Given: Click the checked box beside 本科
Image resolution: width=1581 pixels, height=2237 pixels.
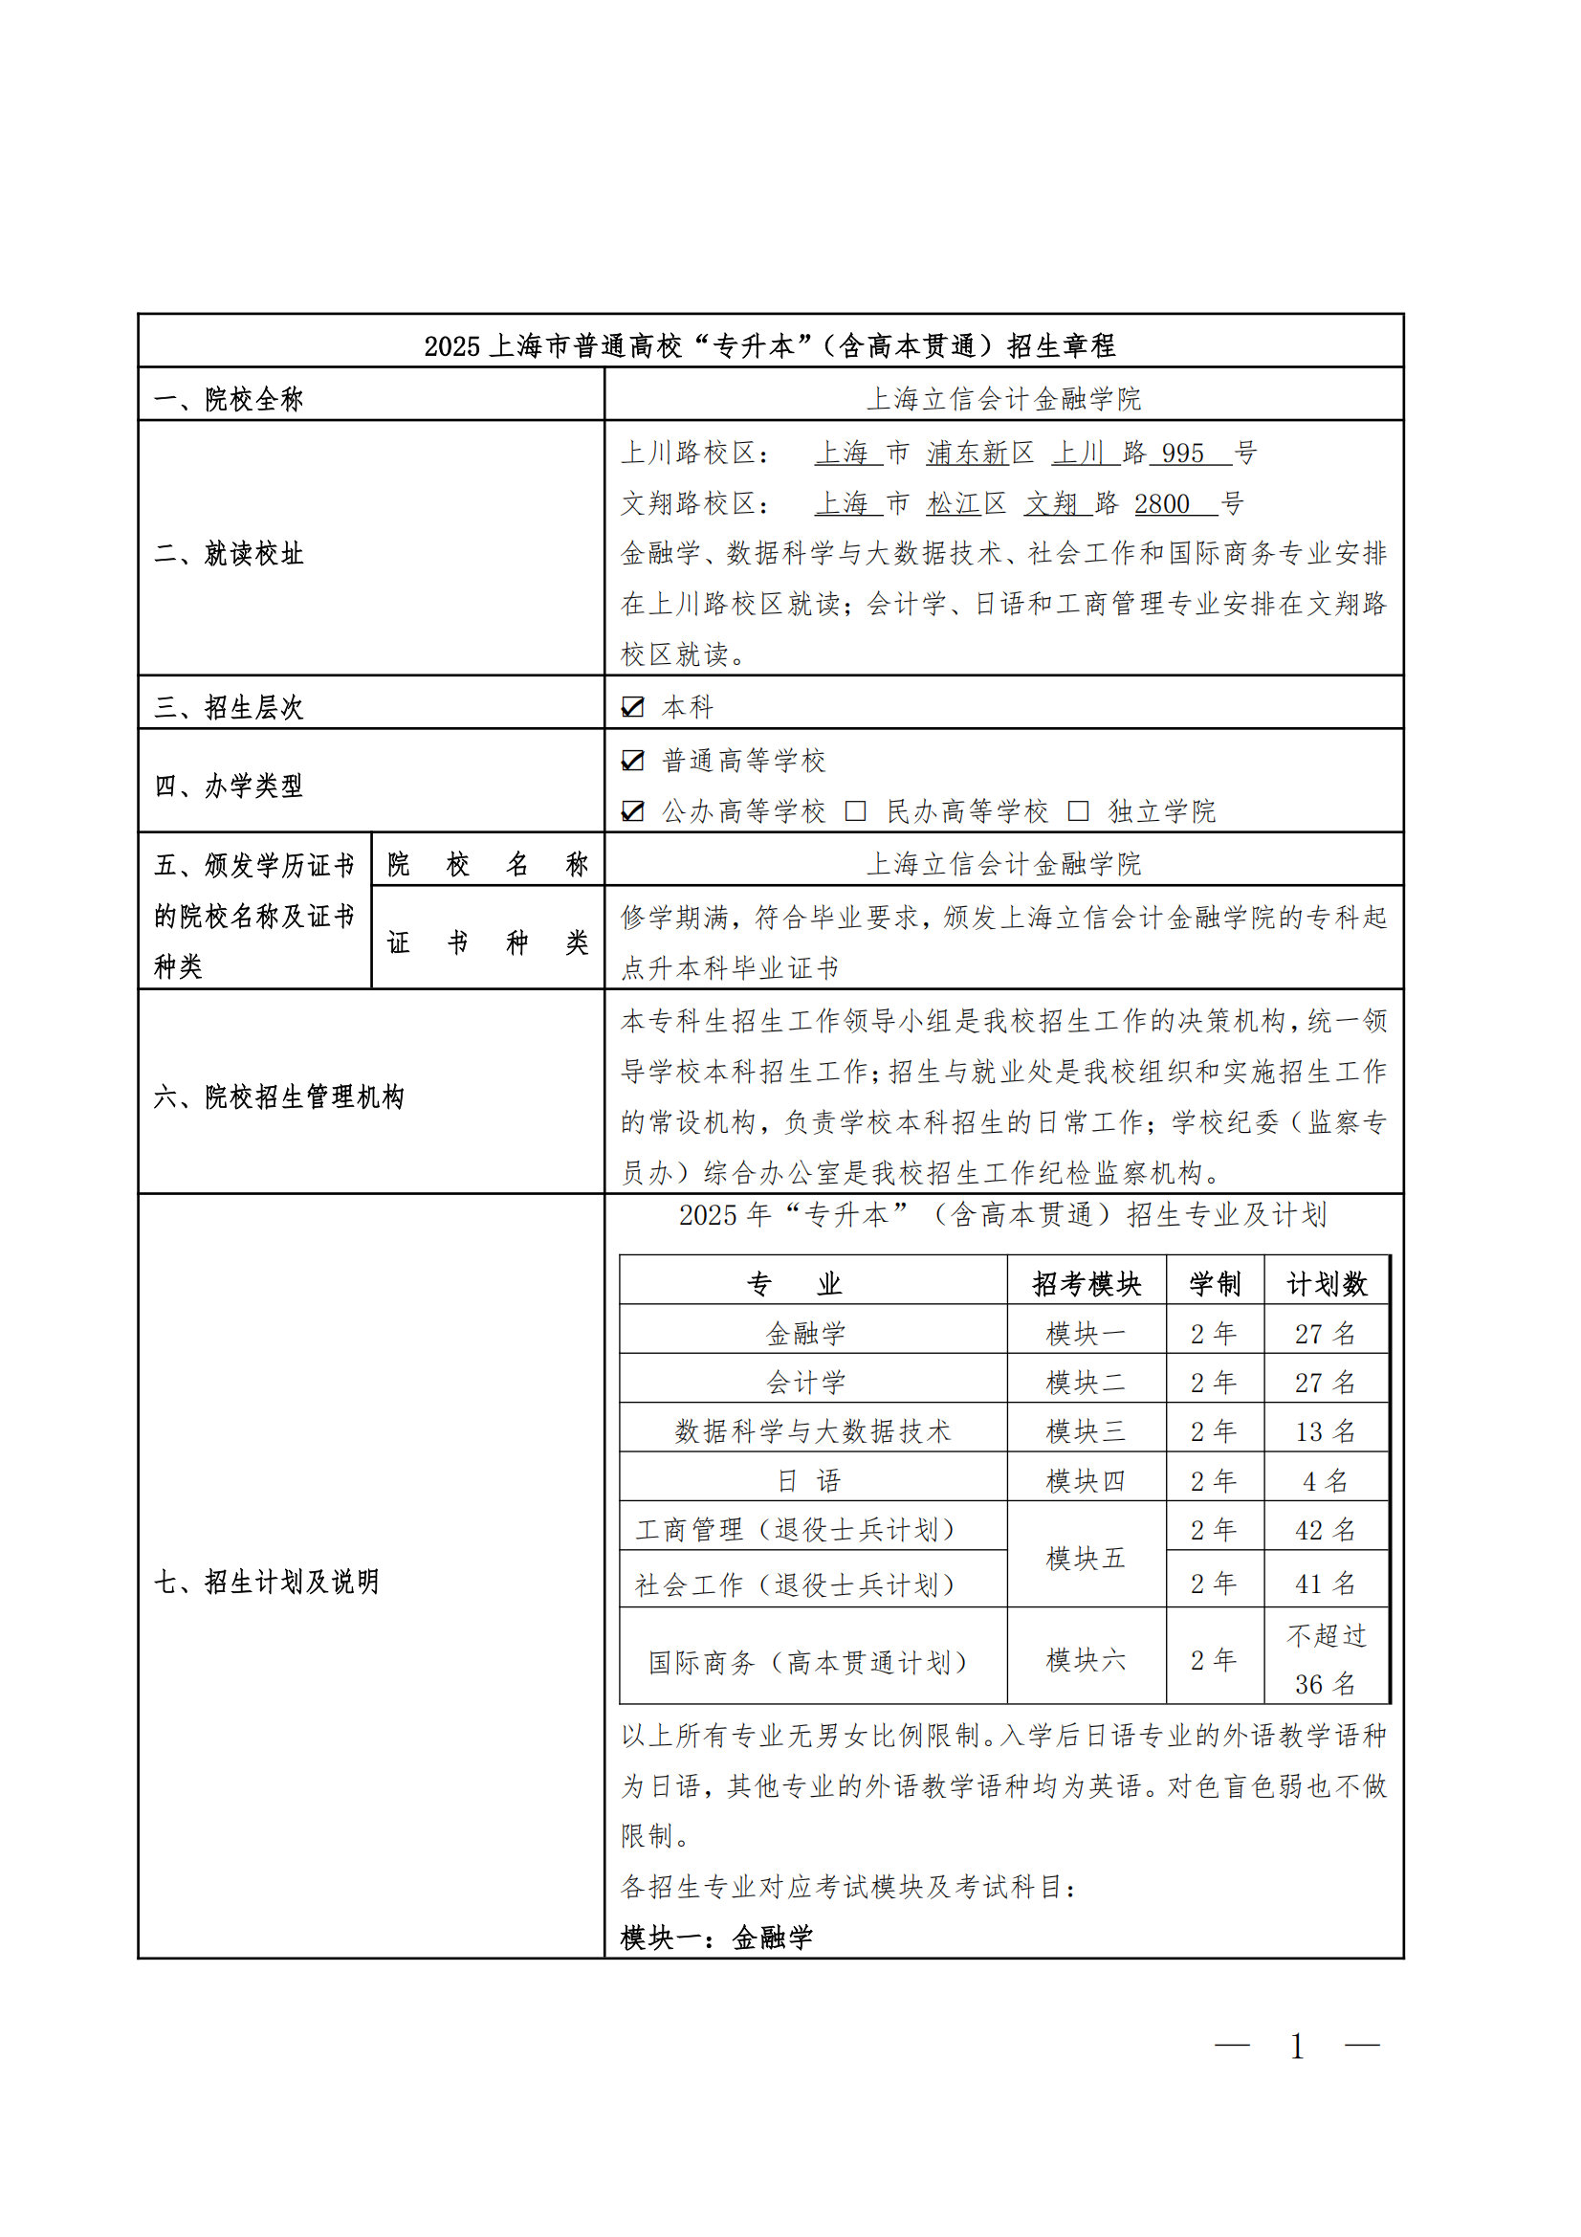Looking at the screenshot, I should (632, 706).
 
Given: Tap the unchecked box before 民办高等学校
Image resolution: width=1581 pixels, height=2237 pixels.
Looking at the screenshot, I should (855, 810).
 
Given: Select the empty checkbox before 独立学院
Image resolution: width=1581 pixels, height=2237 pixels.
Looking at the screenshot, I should (1077, 810).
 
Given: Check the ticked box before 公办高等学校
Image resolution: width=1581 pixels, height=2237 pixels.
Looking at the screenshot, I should (632, 810).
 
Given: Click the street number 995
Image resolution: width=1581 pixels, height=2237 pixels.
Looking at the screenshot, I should (1182, 454).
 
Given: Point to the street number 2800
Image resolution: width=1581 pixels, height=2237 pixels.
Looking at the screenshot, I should (1162, 503).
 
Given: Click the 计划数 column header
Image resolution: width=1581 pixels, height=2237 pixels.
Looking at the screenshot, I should (1326, 1283).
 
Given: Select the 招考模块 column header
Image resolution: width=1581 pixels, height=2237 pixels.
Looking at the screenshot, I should (1087, 1283).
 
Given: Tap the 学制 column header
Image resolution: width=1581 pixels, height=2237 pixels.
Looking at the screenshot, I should (1215, 1283).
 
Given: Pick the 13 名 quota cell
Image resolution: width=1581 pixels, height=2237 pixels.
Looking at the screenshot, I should (1325, 1431).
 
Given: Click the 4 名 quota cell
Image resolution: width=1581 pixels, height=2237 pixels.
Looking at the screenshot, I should (1325, 1481).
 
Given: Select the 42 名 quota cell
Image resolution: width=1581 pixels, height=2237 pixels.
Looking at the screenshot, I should (1325, 1530).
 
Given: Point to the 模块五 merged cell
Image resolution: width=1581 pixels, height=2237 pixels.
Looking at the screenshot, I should (1087, 1558).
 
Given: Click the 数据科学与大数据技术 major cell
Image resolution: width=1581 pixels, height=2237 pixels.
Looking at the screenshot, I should (812, 1431).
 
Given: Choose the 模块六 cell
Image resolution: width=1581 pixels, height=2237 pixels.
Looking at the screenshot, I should (1087, 1659).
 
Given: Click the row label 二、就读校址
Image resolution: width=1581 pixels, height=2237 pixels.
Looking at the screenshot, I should (229, 553).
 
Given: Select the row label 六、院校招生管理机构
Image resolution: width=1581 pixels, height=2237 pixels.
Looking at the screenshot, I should (278, 1097).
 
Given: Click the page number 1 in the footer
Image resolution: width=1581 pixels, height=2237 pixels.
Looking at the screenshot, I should (1297, 2047).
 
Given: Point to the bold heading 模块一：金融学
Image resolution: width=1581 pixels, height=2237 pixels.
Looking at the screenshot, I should (717, 1938).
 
